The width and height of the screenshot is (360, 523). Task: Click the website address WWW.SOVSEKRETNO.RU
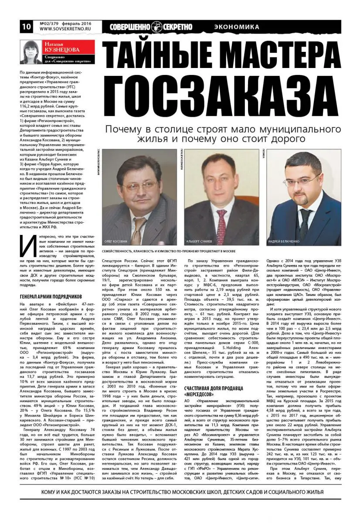click(x=63, y=29)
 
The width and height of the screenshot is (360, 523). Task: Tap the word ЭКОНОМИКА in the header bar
click(x=237, y=27)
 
